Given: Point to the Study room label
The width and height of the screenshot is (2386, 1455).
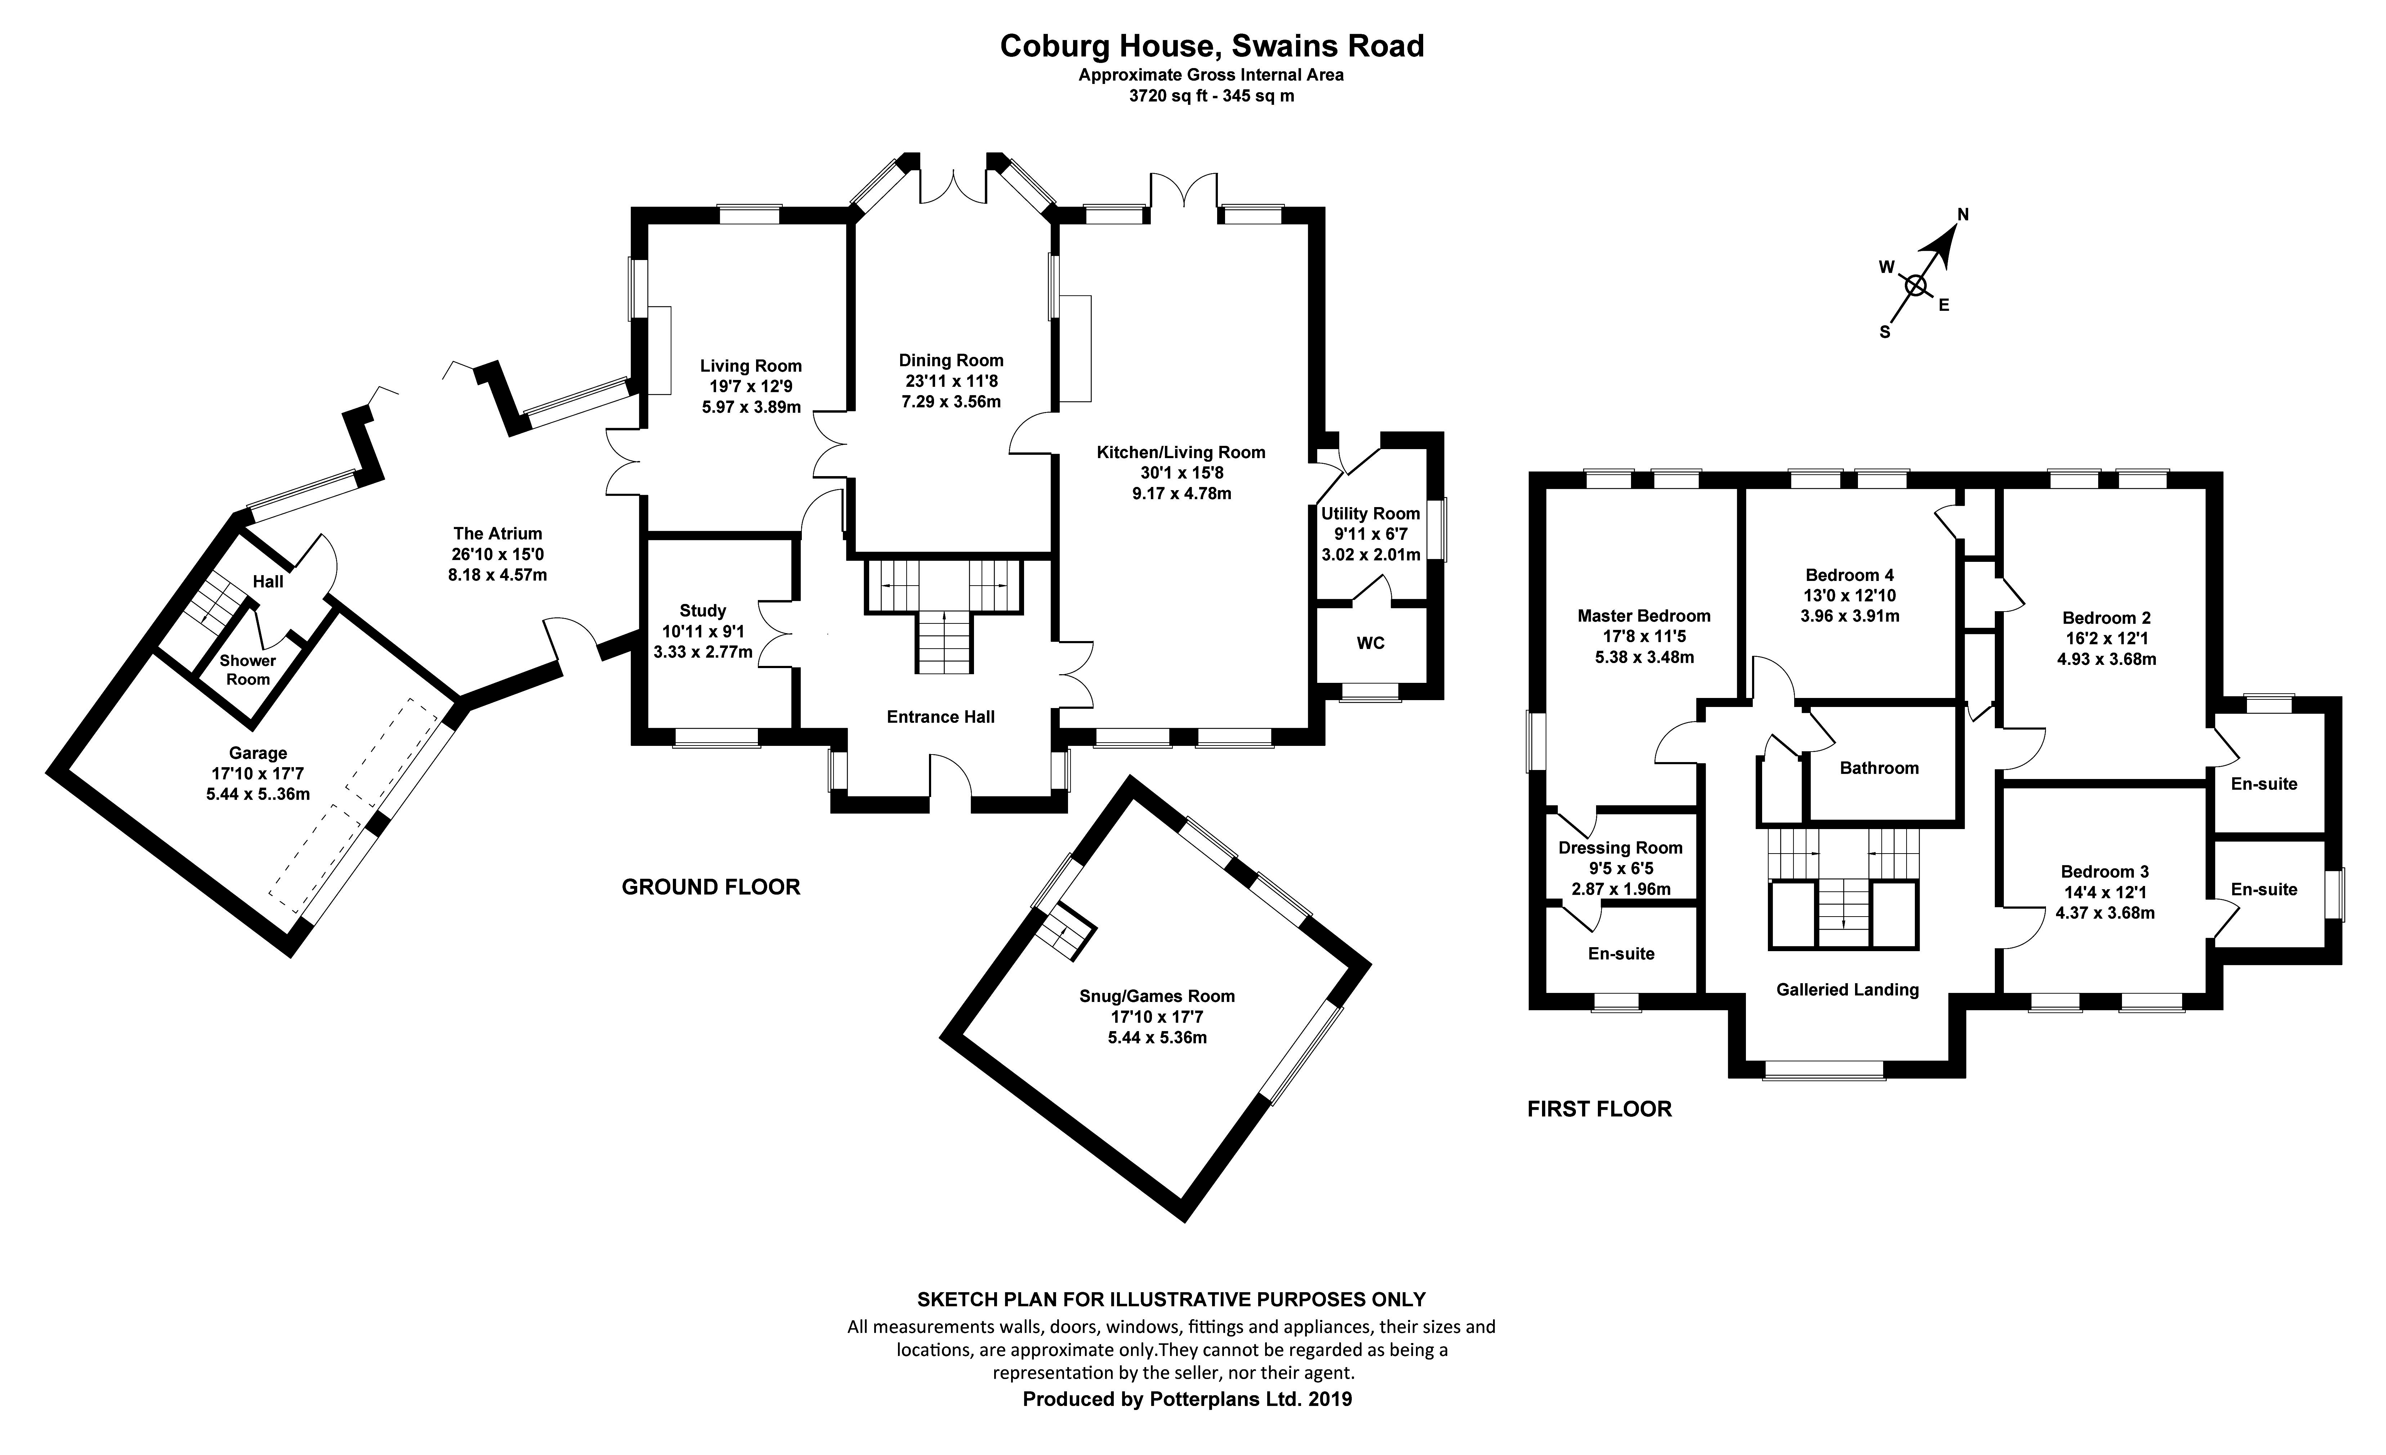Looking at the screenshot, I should point(702,611).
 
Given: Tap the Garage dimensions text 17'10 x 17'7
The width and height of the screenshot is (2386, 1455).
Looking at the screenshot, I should point(258,774).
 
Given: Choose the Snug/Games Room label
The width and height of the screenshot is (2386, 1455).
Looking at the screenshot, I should point(1157,996).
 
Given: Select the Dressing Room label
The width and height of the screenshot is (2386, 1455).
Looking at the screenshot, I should point(1620,848).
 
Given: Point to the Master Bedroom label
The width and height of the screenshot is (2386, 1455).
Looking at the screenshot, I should point(1643,616).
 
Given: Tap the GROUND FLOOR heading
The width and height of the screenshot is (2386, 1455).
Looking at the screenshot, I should point(711,887).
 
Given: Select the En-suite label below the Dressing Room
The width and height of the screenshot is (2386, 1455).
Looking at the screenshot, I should point(1621,954).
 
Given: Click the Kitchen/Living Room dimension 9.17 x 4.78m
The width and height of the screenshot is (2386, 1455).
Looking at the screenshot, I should point(1181,494).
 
